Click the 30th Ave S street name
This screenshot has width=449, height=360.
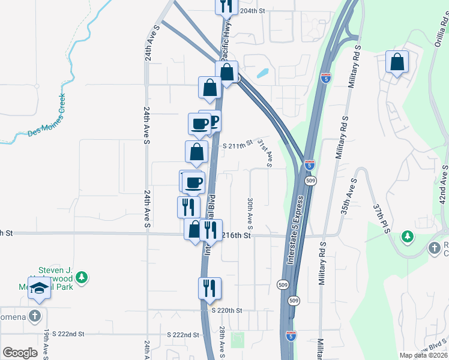pyautogui.click(x=249, y=213)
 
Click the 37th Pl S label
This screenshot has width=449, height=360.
pyautogui.click(x=378, y=215)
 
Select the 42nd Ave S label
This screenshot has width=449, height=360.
pyautogui.click(x=443, y=185)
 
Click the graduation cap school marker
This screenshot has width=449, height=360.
pyautogui.click(x=40, y=290)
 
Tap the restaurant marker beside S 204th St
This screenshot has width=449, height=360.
pyautogui.click(x=226, y=6)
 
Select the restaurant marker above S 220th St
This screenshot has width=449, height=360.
pyautogui.click(x=209, y=288)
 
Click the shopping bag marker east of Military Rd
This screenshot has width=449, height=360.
pyautogui.click(x=397, y=62)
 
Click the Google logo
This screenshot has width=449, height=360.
pyautogui.click(x=20, y=353)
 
